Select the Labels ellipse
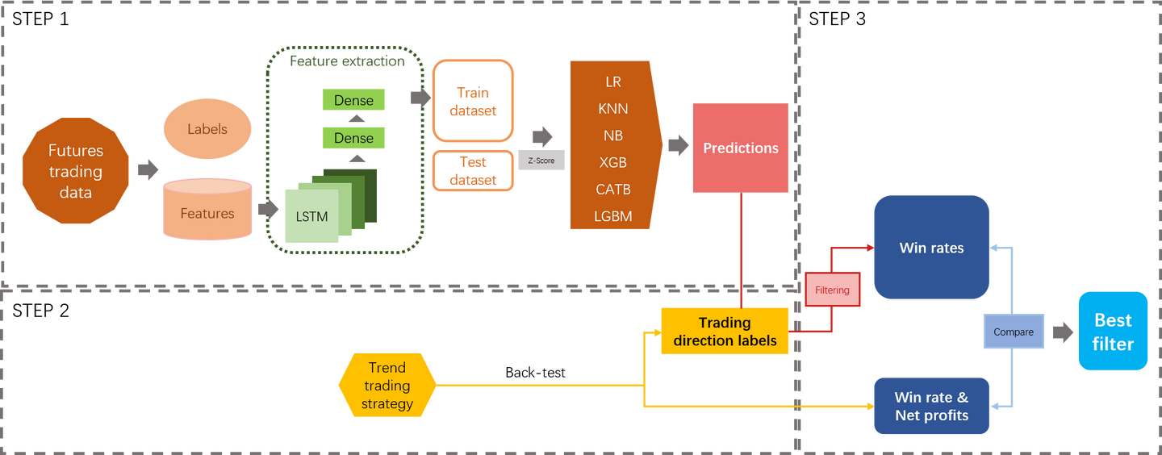(x=207, y=129)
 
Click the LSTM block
(x=311, y=216)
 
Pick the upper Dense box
(x=353, y=100)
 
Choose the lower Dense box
(x=353, y=137)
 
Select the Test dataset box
(x=474, y=170)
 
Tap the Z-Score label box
(x=541, y=161)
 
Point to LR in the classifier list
(x=613, y=82)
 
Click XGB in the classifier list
(x=613, y=162)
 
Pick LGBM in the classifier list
(x=613, y=215)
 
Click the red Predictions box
(x=740, y=148)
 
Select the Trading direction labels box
(x=724, y=331)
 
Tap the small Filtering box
(x=832, y=290)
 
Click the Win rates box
(x=931, y=248)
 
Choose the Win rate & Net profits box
(x=931, y=406)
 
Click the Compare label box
(x=1014, y=332)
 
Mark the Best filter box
(x=1113, y=331)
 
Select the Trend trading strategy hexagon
(x=387, y=385)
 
